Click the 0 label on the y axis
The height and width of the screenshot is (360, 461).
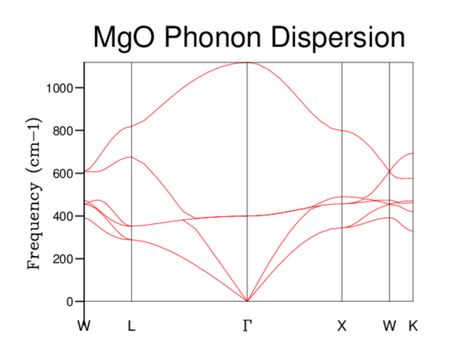coord(70,302)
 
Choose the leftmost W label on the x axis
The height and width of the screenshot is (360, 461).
coord(84,326)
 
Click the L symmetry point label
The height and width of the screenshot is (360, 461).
coord(132,326)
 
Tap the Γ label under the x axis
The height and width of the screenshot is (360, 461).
coord(247,326)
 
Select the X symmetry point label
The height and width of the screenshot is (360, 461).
coord(342,326)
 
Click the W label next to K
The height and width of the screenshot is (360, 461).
coord(389,326)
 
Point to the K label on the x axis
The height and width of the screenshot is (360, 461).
coord(413,326)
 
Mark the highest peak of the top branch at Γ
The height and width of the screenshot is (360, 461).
coord(248,63)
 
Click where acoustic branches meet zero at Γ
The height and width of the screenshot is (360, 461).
coord(248,301)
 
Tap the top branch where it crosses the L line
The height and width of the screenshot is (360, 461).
coord(132,126)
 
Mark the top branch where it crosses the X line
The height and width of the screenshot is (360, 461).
coord(342,130)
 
